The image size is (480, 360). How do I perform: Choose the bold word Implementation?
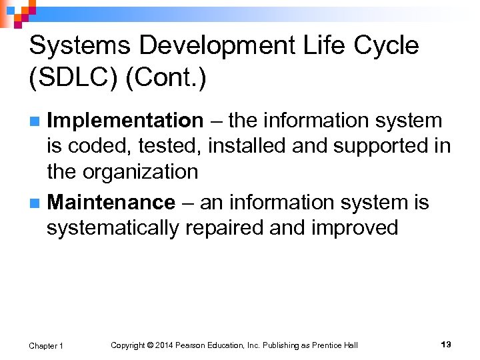click(125, 121)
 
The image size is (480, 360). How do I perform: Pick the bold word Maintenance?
click(111, 202)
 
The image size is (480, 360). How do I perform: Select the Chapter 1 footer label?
click(46, 345)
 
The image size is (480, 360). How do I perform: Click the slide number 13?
click(446, 345)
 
